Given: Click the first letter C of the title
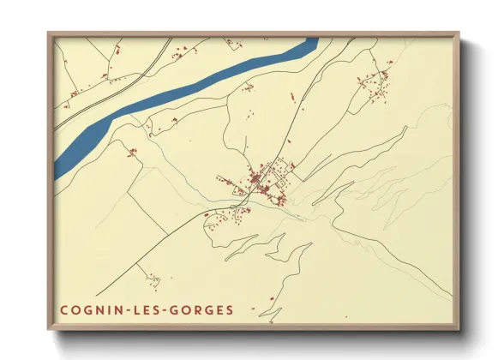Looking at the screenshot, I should tap(63, 309).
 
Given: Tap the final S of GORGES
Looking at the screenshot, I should tap(228, 309).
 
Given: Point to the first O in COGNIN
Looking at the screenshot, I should tap(75, 309).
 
